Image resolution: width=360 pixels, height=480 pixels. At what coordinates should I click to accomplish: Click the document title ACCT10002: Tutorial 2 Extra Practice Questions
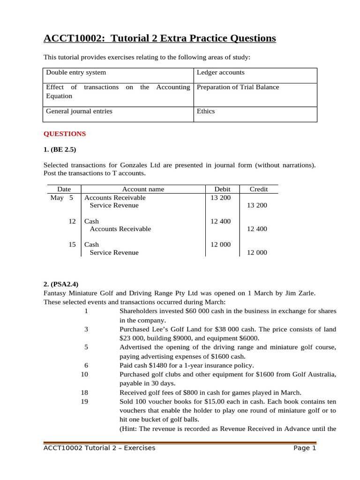coord(159,38)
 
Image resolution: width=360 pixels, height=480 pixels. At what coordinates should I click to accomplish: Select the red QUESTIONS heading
coord(65,134)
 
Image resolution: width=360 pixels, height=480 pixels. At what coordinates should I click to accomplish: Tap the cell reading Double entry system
coord(75,73)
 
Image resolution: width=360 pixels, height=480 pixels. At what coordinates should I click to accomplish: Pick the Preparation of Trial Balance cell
coord(238,87)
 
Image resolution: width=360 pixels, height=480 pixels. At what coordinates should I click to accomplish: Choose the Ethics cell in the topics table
coord(206,112)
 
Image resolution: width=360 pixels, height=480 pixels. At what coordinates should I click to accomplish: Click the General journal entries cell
coord(79,112)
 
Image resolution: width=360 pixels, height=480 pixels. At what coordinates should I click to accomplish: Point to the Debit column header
coord(222,189)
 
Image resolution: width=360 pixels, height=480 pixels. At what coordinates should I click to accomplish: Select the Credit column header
coord(259,189)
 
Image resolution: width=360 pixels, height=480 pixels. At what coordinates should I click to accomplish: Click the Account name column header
coord(143,189)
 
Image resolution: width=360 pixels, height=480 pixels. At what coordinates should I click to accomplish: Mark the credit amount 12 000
coord(257,253)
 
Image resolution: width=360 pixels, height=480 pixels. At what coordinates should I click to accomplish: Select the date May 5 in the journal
coord(62,198)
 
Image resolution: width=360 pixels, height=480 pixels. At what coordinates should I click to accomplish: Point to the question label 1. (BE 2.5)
coord(60,150)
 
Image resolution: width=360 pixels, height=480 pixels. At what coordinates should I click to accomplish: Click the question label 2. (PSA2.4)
coord(61,284)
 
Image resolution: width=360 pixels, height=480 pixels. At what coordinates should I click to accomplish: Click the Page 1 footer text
coord(305,448)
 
